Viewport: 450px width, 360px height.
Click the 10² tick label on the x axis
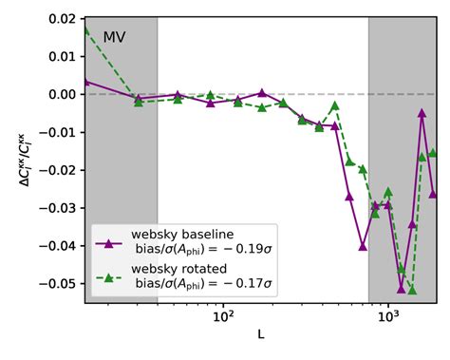pos(223,316)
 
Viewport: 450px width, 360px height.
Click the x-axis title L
pos(260,335)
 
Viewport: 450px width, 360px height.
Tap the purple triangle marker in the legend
pos(107,243)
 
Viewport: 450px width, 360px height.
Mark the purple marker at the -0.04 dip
pos(363,246)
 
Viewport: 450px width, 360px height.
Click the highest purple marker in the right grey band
pos(422,113)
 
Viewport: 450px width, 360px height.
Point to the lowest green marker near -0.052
pos(412,290)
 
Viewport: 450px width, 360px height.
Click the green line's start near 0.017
pos(85,29)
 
